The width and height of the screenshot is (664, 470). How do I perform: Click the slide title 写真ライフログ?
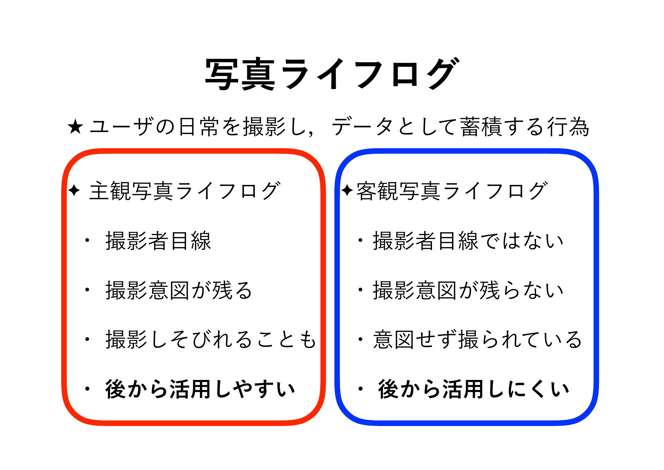coord(332,73)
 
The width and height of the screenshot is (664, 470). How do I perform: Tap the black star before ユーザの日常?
coord(75,127)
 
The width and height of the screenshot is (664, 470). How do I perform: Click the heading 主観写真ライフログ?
coord(184,191)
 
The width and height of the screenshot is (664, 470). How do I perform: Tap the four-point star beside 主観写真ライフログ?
coord(74,190)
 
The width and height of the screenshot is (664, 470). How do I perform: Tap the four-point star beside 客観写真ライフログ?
coord(347,190)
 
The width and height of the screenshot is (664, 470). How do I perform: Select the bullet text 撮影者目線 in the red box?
coord(158,241)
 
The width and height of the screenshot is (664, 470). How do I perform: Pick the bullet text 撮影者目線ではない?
coord(468,241)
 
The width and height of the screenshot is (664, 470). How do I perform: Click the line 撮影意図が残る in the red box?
coord(179,290)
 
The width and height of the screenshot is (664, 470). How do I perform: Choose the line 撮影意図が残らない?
coord(468,290)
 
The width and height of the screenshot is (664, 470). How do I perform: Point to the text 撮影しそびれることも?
coord(211,339)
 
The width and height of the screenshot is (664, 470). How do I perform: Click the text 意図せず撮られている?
coord(478,339)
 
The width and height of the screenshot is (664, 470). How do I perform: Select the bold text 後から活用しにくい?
coord(473,389)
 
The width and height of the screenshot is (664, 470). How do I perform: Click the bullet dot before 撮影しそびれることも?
coord(87,340)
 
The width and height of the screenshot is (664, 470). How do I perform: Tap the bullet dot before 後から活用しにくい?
coord(360,389)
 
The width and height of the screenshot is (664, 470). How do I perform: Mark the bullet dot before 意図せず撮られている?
coord(360,340)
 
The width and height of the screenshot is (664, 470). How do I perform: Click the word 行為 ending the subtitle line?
coord(568,127)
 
